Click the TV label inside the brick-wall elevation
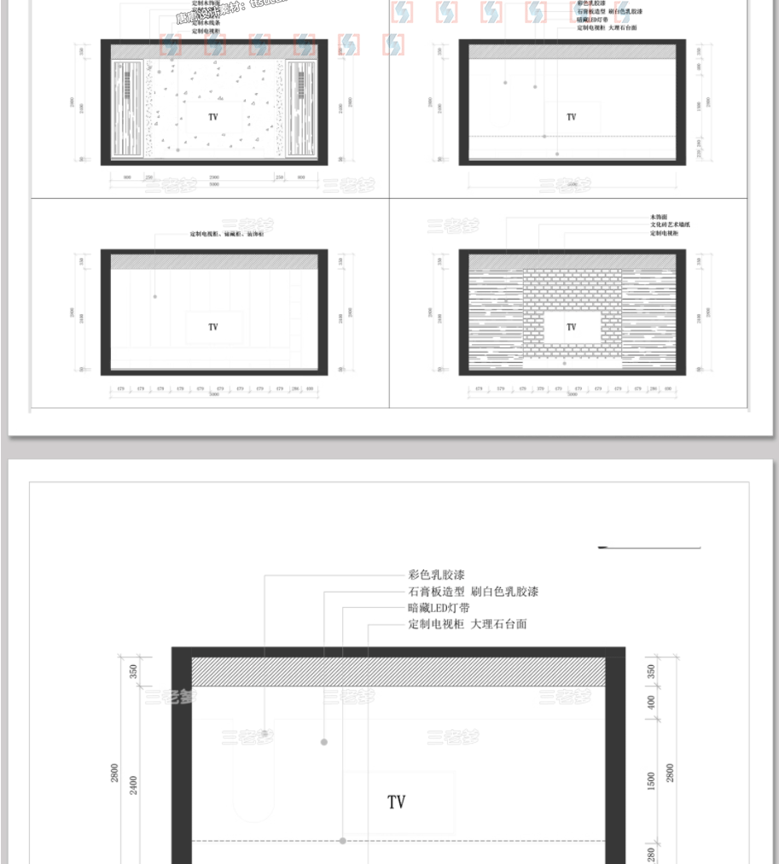point(572,327)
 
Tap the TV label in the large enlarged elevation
point(397,802)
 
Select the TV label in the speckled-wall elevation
point(213,116)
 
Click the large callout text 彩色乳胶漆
point(437,575)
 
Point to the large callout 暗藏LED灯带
point(439,608)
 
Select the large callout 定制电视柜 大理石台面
point(468,624)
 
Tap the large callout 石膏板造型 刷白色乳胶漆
point(474,592)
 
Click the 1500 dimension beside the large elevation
point(652,779)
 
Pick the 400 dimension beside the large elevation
point(652,703)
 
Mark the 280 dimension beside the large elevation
point(652,854)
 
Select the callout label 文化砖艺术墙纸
point(670,225)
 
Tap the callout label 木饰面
point(658,219)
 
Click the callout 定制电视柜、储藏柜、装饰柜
point(227,233)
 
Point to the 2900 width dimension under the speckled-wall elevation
point(213,177)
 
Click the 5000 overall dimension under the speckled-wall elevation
point(213,184)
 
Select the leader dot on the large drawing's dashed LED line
point(343,841)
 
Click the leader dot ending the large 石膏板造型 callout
point(324,742)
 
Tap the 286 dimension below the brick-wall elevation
point(653,388)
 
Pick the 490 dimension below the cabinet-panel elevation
point(310,388)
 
